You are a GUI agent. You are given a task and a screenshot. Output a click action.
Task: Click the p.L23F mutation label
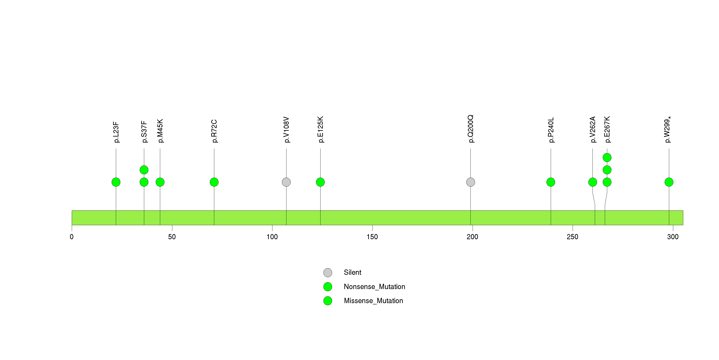(116, 132)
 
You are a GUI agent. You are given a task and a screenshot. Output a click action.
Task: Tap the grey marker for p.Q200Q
(471, 182)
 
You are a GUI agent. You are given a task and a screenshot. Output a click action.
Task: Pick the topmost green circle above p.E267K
(607, 158)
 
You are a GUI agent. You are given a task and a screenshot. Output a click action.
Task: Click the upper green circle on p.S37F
(144, 170)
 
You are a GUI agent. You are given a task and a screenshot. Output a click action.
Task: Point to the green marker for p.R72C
(214, 182)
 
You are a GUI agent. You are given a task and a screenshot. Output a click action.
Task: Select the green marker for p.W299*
(669, 182)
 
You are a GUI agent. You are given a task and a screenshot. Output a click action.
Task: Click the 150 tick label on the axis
(372, 237)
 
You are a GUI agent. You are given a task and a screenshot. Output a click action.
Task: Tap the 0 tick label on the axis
(72, 237)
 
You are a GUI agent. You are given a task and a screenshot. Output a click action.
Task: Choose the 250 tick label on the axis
(572, 237)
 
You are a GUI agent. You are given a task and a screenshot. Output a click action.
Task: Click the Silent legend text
(352, 272)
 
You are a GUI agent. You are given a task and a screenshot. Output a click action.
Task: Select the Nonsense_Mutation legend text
(374, 287)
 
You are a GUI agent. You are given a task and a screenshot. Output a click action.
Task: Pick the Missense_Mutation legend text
(374, 301)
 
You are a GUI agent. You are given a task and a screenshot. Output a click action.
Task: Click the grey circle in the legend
(328, 273)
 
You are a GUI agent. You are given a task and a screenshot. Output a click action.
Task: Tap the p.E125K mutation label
(321, 130)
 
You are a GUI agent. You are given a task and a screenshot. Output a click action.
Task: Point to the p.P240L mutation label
(551, 130)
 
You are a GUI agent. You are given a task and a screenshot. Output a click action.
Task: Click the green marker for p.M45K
(160, 182)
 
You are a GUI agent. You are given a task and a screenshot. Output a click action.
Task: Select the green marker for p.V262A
(592, 182)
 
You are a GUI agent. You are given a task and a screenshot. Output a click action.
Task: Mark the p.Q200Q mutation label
(471, 129)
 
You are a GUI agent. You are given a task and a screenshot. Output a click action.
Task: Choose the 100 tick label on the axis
(272, 237)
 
